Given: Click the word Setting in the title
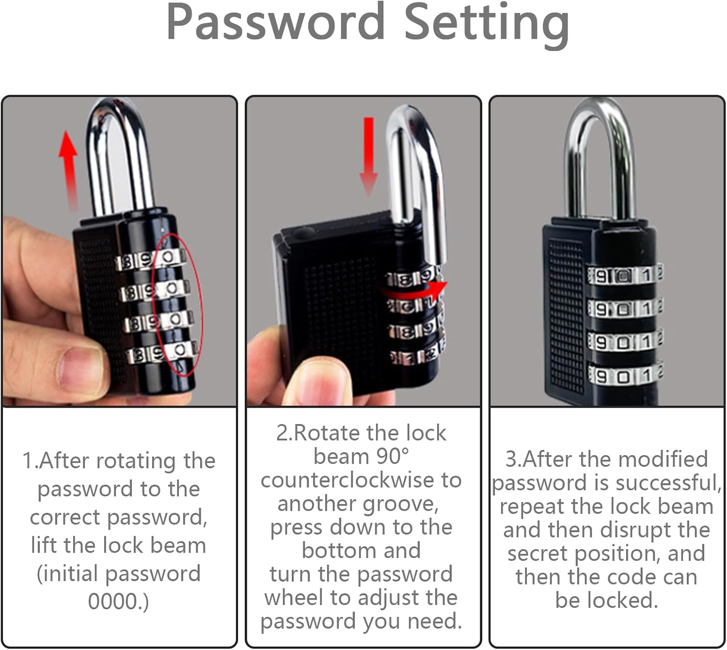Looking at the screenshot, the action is (x=487, y=26).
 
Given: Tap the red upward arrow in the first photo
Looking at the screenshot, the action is (x=68, y=169).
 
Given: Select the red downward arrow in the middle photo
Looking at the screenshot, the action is (x=368, y=157).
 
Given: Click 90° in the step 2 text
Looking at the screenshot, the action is (x=393, y=456).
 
